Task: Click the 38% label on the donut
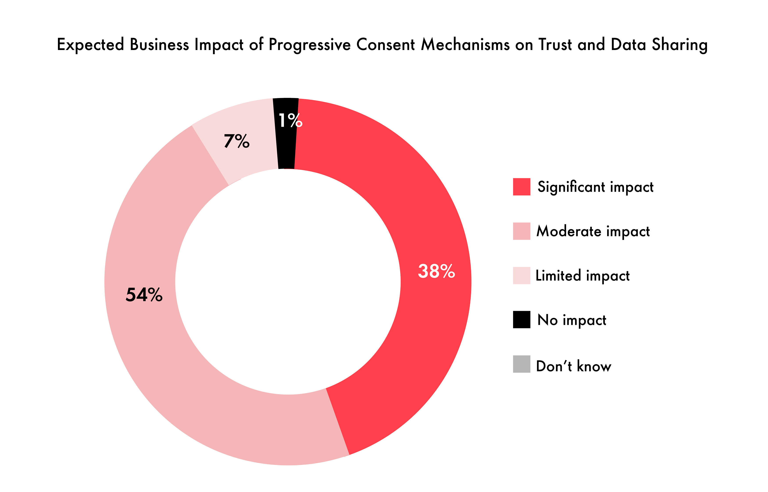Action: pos(436,272)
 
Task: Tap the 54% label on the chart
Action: pos(144,295)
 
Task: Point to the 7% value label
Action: pos(237,141)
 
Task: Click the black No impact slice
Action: pos(286,150)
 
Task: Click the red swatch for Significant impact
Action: pos(522,187)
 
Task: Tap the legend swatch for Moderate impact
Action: pos(522,231)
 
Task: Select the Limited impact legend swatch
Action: pos(522,275)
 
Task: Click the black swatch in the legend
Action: pos(522,319)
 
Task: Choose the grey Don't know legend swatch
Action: pos(522,364)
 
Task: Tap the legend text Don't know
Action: pos(573,366)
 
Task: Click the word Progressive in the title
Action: pos(309,45)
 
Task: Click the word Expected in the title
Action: pos(90,45)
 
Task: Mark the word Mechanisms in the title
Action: pos(465,45)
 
